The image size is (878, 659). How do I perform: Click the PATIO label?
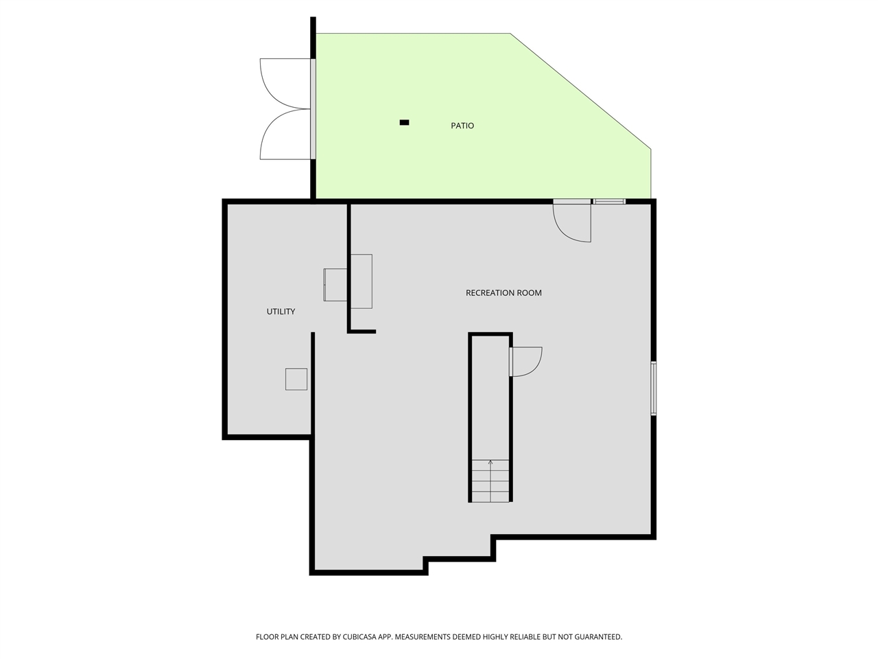462,126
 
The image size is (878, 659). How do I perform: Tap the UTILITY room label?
281,312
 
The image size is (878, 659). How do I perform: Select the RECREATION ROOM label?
503,293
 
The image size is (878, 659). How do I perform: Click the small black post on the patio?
404,123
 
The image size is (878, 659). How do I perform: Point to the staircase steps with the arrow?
490,481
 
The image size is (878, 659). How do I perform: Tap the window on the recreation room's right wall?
654,389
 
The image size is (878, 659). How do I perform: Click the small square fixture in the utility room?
296,380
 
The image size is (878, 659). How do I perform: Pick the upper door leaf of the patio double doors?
285,82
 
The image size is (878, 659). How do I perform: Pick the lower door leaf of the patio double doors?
285,135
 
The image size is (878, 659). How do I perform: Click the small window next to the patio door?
610,201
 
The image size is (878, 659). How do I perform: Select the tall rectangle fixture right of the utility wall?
361,281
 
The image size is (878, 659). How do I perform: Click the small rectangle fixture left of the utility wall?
335,284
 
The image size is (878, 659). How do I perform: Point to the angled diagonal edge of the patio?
580,91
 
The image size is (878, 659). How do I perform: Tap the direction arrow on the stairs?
490,463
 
